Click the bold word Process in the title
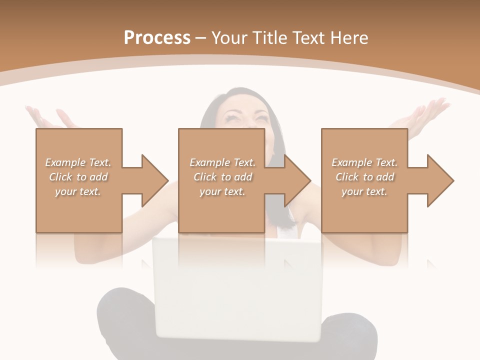pos(157,38)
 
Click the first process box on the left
pos(78,210)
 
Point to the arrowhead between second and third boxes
pos(297,180)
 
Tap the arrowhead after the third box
pos(439,180)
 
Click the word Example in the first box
pos(65,162)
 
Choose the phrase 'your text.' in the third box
pos(364,191)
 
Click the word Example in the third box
pos(351,162)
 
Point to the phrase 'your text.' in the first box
pos(77,191)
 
